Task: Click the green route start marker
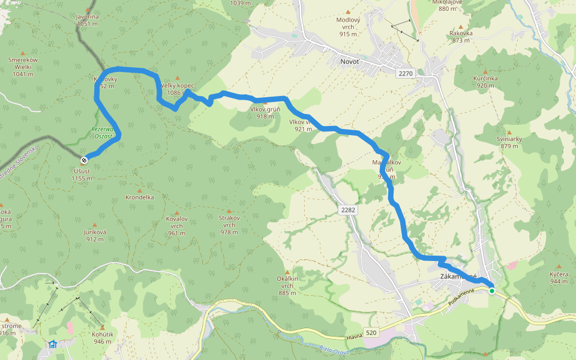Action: [x=492, y=291]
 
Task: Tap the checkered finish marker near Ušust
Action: [x=84, y=160]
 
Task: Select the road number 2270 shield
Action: [x=406, y=73]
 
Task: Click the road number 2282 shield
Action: [x=347, y=210]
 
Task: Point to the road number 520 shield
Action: [x=371, y=332]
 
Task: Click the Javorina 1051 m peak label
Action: [x=88, y=20]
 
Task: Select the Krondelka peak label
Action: [x=139, y=197]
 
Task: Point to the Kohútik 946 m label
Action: [x=103, y=338]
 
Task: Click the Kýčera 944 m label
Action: [x=559, y=277]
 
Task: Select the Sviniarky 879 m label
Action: [x=509, y=142]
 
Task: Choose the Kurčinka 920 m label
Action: [x=485, y=82]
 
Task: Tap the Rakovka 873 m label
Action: [x=461, y=37]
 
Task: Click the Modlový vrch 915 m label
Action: [x=348, y=26]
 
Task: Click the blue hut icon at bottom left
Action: [x=53, y=344]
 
